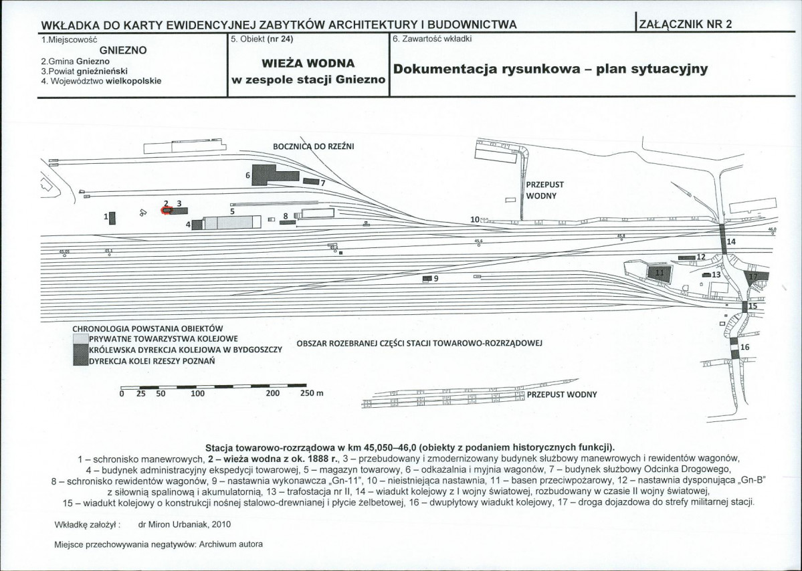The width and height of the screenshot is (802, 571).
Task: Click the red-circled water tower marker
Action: point(166,210)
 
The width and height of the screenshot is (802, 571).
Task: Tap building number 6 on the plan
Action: point(264,173)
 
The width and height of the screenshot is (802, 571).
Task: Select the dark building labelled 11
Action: point(658,272)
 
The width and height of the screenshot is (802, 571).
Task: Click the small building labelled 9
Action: point(427,278)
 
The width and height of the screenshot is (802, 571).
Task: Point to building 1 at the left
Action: point(113,217)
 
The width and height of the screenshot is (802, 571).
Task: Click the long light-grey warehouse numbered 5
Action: point(231,223)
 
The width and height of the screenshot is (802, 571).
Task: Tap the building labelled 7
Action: point(310,181)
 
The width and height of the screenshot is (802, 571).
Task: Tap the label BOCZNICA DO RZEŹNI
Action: point(314,146)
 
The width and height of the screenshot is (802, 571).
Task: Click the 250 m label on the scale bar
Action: point(311,393)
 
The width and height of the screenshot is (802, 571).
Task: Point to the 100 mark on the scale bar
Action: point(197,393)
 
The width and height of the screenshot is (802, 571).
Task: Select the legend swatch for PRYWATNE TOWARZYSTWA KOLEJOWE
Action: point(80,339)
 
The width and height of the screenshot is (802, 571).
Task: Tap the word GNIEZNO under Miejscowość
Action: point(123,50)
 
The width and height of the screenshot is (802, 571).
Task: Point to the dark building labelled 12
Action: point(686,257)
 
